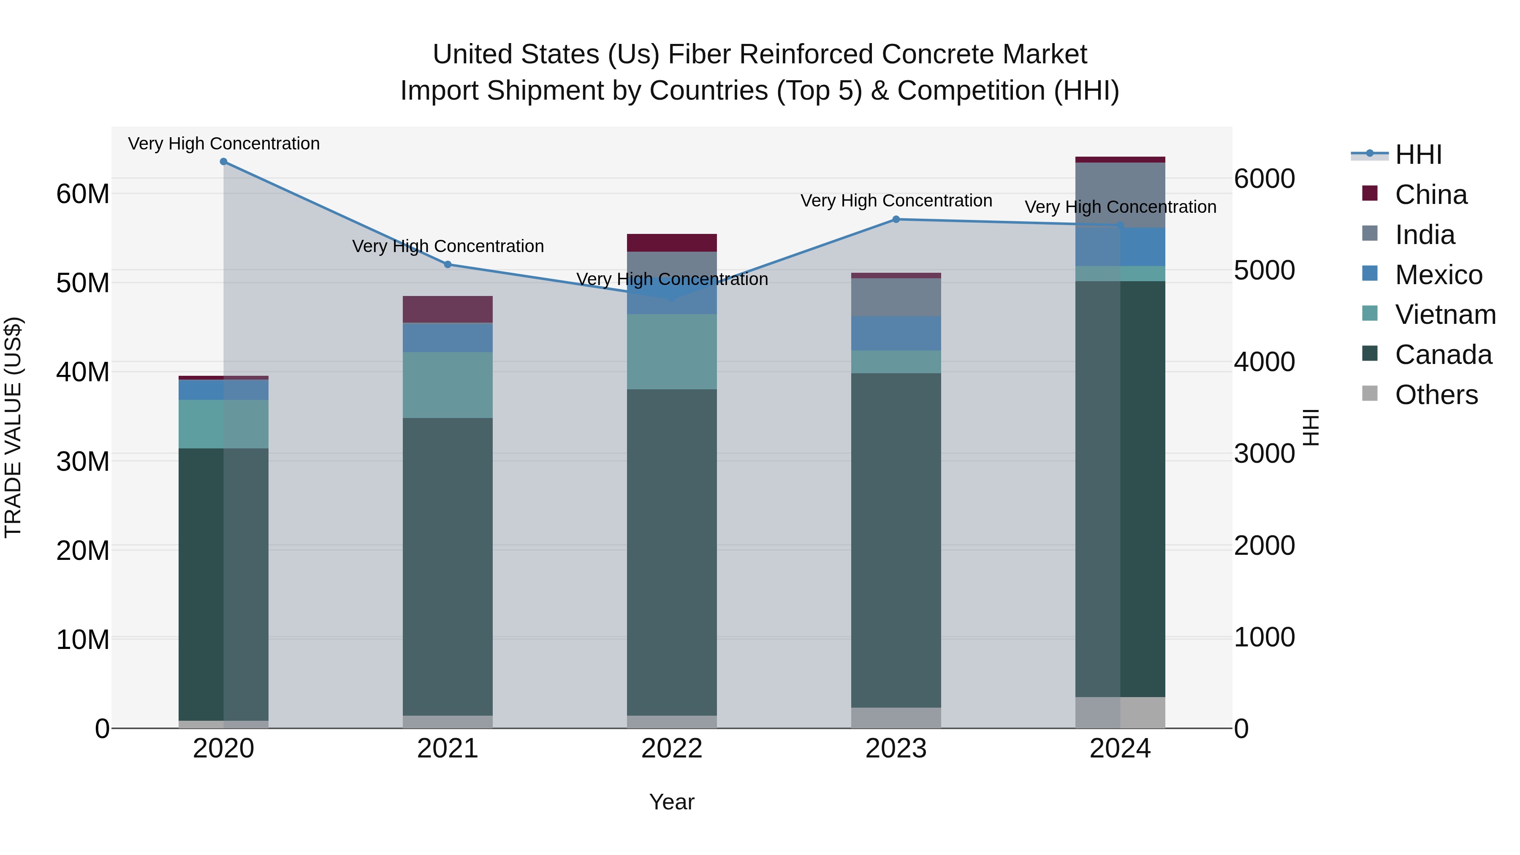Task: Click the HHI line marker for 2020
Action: point(224,162)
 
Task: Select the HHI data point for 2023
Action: point(896,220)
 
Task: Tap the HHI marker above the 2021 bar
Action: point(448,264)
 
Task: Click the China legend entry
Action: point(1430,195)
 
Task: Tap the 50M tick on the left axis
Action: point(83,283)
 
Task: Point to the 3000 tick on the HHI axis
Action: point(1264,454)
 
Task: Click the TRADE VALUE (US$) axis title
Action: point(13,427)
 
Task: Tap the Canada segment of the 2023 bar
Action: point(896,540)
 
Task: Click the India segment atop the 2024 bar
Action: point(1119,195)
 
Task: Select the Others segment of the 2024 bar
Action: point(1119,713)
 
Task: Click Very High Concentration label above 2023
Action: point(896,201)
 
